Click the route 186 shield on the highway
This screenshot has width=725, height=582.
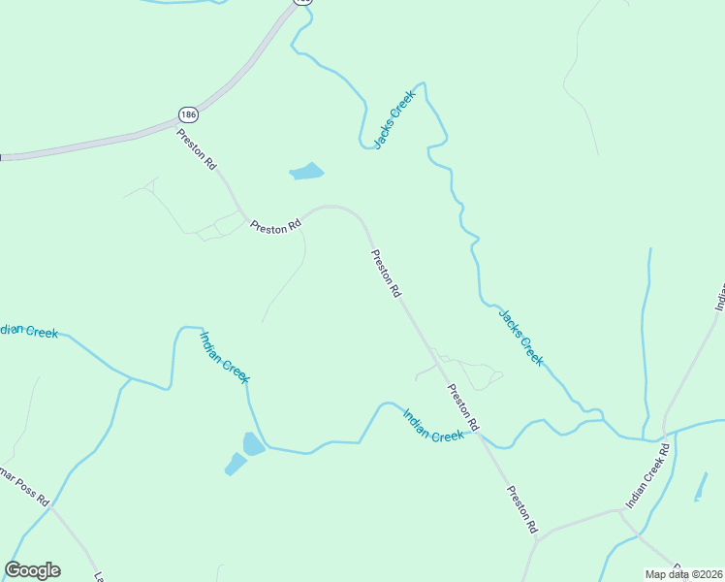pos(188,114)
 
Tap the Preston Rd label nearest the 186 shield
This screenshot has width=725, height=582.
pos(197,149)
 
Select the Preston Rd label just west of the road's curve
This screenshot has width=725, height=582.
pos(275,226)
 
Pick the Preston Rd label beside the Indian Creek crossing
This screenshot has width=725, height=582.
pos(463,407)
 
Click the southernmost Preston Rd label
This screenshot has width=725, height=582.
pos(520,509)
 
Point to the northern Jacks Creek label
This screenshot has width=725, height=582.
pos(394,118)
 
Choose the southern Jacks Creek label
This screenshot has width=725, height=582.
pos(520,338)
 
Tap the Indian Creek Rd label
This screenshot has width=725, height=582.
pos(648,477)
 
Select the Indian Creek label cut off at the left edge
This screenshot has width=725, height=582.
pos(29,331)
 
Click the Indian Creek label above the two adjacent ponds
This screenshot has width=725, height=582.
pos(225,356)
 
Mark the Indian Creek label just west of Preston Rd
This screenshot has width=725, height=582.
pos(433,424)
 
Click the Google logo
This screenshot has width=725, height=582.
pos(32,570)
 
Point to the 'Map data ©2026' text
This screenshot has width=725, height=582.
pos(684,574)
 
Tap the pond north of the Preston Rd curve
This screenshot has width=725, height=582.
pos(307,173)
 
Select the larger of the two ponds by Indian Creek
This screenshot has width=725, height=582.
pos(252,444)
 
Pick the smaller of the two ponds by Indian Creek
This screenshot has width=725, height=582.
pos(236,465)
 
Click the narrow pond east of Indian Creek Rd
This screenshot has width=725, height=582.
pos(701,487)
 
